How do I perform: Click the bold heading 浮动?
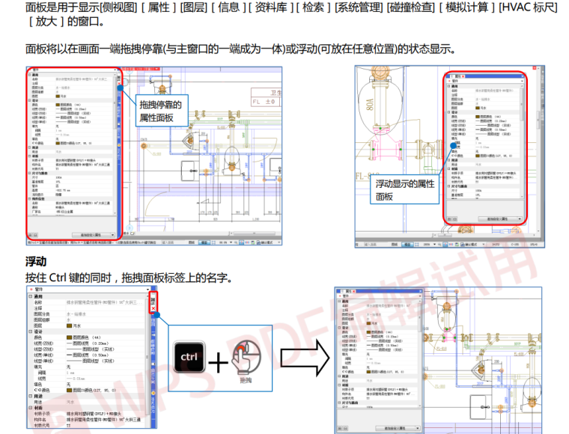click(36, 262)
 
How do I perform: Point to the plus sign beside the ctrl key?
click(218, 363)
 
